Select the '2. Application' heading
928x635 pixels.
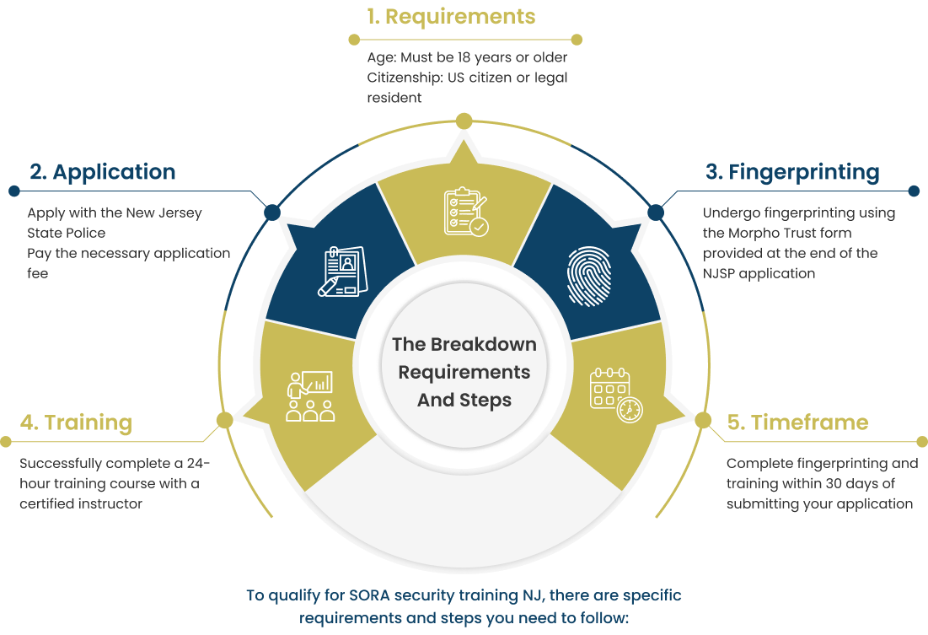[x=103, y=172]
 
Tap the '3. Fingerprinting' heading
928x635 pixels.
[x=792, y=172]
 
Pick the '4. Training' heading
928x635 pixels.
[x=76, y=422]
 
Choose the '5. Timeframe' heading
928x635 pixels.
[x=797, y=422]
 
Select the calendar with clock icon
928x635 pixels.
[x=615, y=394]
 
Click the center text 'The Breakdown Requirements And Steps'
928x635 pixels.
[x=464, y=371]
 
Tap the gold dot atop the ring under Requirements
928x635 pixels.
[x=464, y=121]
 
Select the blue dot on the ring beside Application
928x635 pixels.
[x=272, y=212]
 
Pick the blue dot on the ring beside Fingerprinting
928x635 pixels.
[x=656, y=211]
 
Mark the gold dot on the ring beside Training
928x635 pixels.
[x=225, y=420]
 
